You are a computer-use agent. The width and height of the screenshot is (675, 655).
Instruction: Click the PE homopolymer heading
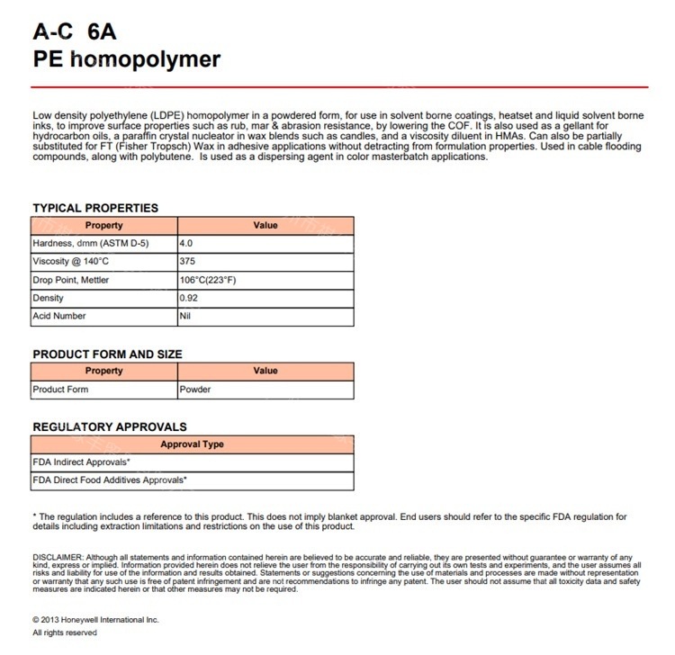click(x=126, y=60)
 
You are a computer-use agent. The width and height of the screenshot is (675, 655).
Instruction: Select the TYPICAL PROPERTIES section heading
click(x=95, y=208)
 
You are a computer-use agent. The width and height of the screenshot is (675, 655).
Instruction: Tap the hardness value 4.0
click(x=187, y=244)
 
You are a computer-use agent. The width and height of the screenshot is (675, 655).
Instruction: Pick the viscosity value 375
click(x=188, y=262)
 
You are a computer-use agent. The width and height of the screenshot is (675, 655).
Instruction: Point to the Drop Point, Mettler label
click(x=72, y=280)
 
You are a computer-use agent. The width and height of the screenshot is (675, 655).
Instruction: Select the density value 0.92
click(x=190, y=298)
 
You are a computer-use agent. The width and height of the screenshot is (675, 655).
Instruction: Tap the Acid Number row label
click(x=59, y=316)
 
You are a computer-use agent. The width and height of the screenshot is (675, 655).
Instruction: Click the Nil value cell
click(x=185, y=316)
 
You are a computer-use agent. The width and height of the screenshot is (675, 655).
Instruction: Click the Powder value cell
click(x=195, y=390)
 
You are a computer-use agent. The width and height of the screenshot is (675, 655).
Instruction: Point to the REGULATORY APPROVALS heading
click(x=110, y=426)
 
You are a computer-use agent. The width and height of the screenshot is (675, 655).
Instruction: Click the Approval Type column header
click(x=192, y=444)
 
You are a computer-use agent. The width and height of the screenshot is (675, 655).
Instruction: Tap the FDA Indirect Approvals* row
click(x=82, y=462)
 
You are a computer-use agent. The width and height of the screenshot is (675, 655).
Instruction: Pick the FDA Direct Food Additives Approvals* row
click(x=110, y=480)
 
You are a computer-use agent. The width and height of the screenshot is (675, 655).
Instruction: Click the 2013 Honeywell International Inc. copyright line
click(x=95, y=620)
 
